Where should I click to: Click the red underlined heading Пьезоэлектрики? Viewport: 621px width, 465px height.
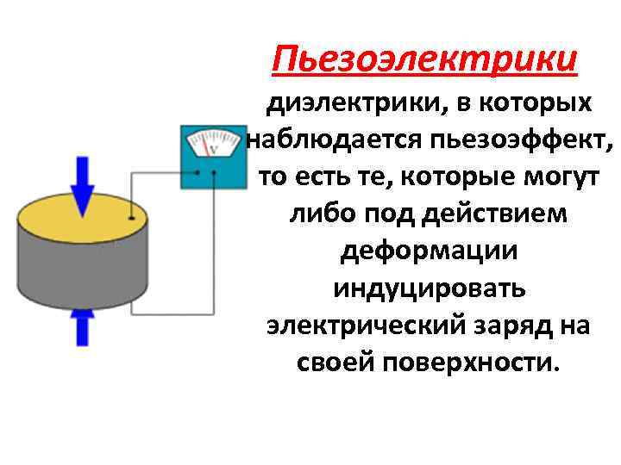tap(423, 61)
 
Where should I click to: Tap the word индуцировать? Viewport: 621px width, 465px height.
tap(429, 288)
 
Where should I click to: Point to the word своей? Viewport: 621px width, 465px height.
tap(336, 363)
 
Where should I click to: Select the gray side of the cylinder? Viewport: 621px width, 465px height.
tap(82, 276)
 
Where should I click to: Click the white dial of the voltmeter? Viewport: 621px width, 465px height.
tap(213, 143)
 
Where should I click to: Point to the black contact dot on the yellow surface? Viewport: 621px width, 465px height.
tap(130, 217)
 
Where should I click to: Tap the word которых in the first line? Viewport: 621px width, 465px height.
tap(539, 104)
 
